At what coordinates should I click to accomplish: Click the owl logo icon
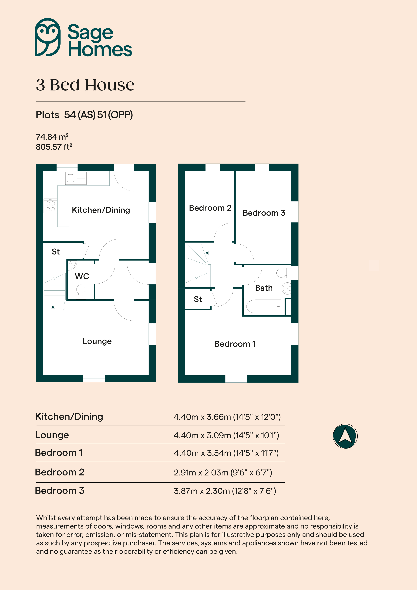tap(48, 37)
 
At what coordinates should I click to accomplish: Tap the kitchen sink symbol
tap(76, 178)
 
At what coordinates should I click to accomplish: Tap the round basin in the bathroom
tap(287, 288)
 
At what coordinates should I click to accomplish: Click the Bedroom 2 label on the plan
tap(210, 208)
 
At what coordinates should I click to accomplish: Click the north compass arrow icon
tap(345, 436)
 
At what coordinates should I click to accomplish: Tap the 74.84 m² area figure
tap(52, 137)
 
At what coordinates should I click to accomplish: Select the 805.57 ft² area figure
tap(54, 147)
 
